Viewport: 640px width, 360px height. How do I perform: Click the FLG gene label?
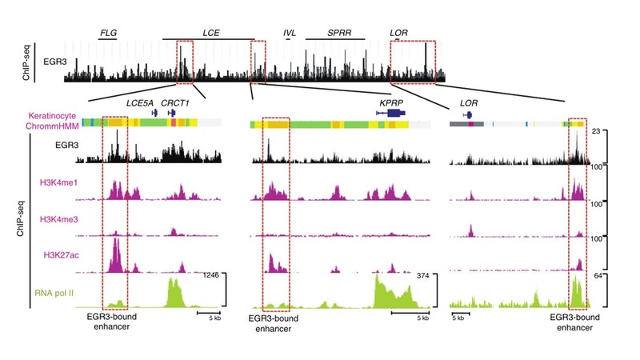click(106, 33)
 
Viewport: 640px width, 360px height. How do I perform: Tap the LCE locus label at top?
click(211, 33)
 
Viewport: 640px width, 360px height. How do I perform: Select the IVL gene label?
click(289, 33)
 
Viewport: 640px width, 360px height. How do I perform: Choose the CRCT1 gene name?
click(174, 103)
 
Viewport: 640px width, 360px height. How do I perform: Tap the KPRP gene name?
click(393, 103)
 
